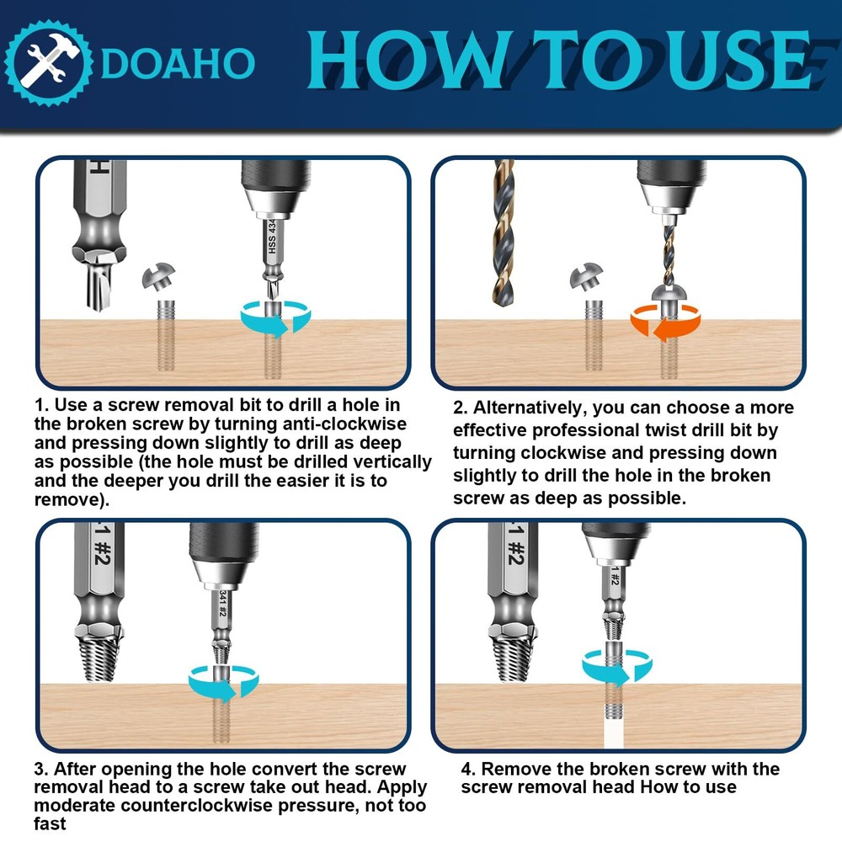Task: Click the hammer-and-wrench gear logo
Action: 48,63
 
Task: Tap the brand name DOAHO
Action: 177,63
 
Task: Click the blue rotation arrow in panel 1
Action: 275,318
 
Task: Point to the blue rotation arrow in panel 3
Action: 223,683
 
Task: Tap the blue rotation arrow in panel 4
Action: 617,667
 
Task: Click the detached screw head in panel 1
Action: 159,276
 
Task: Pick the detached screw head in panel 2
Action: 586,277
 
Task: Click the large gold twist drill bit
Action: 504,232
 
